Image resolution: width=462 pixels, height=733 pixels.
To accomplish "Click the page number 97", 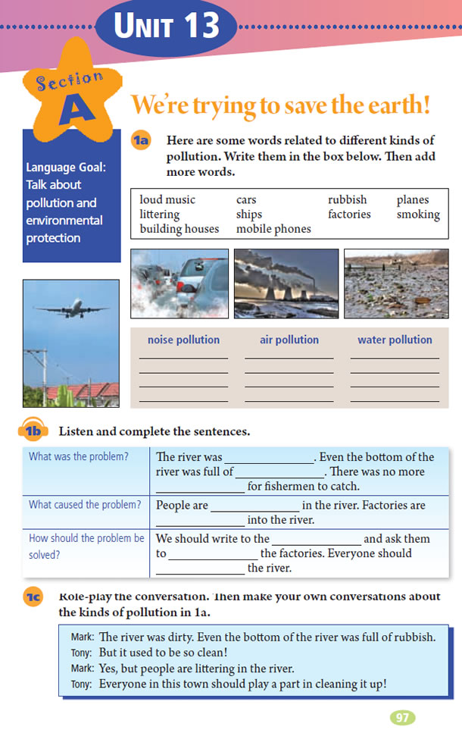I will [402, 717].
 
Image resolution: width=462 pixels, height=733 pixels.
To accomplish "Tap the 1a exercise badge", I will [142, 139].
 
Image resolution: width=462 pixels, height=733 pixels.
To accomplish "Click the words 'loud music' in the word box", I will [167, 200].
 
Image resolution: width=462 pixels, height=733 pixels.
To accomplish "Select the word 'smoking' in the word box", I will [418, 215].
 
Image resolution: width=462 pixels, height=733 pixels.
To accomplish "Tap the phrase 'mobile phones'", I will [273, 229].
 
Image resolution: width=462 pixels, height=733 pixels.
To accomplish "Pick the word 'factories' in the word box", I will [349, 215].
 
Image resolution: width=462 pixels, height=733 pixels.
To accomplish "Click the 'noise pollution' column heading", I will [183, 340].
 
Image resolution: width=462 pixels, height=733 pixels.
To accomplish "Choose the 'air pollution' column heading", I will [289, 340].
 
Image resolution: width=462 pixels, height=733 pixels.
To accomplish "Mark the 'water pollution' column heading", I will [395, 340].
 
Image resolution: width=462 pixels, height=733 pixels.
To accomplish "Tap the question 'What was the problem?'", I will [79, 457].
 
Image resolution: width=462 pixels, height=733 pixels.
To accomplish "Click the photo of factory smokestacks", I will [286, 283].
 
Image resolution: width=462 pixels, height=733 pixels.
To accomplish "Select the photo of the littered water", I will [395, 283].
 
